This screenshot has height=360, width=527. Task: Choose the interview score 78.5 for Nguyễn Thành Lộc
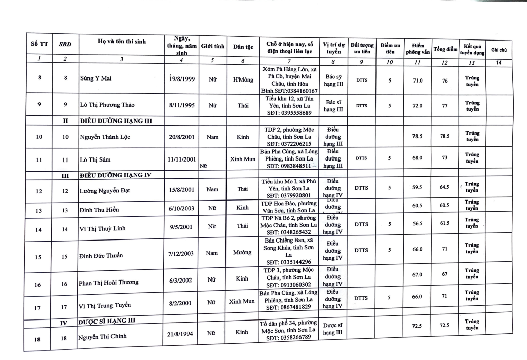click(x=418, y=136)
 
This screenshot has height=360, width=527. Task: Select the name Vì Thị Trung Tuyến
click(x=102, y=306)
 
